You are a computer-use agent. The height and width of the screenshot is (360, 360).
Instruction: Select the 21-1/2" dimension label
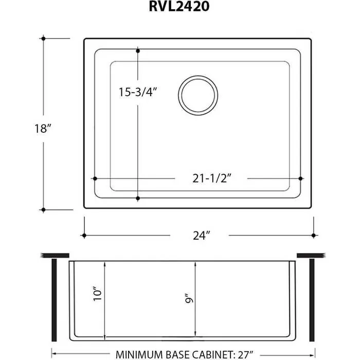(211, 178)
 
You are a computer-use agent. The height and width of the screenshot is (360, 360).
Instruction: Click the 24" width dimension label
(200, 236)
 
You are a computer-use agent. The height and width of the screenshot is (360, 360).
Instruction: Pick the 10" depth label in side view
(98, 294)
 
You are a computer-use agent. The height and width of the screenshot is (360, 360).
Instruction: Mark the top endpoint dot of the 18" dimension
(44, 39)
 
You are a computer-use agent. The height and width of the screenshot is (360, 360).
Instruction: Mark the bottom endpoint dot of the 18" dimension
(44, 209)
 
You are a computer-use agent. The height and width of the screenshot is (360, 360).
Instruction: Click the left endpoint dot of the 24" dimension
(84, 236)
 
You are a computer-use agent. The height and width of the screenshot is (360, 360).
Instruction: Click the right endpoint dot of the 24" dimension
(313, 236)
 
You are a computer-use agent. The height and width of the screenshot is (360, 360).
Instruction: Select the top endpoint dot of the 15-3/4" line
(138, 50)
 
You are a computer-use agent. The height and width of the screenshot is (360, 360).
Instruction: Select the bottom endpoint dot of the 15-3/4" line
(138, 198)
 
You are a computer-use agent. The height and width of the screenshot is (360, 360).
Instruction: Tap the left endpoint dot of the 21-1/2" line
(94, 178)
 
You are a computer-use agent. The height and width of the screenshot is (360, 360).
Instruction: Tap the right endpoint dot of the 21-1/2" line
(300, 178)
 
